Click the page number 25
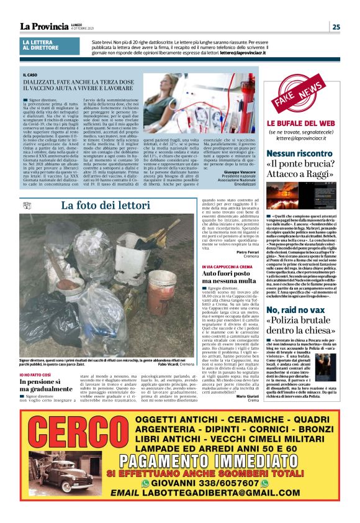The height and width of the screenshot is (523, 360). click(x=335, y=26)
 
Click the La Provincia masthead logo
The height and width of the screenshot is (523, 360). click(x=44, y=26)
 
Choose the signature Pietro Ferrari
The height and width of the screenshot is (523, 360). click(x=247, y=252)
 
